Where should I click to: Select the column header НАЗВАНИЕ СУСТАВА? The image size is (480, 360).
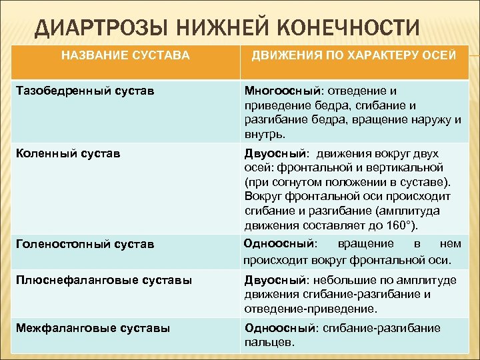pos(125,55)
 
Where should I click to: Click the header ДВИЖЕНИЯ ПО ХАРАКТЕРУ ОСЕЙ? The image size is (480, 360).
pos(353,55)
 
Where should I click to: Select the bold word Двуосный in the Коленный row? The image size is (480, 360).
pos(270,153)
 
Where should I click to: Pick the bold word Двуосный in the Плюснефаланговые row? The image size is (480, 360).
pos(270,281)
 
